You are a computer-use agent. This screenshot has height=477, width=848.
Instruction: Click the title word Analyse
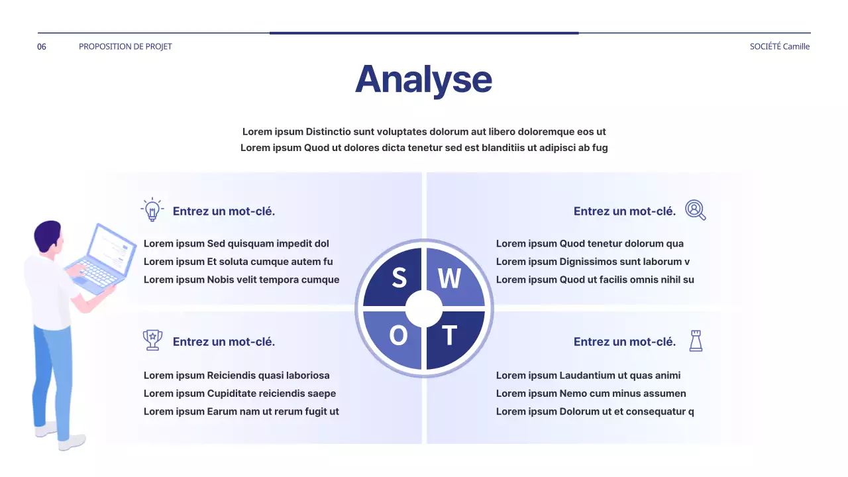pos(423,79)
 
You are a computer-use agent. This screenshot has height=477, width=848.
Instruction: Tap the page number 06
pos(42,46)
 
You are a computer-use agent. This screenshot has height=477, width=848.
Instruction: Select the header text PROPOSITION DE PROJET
pos(125,46)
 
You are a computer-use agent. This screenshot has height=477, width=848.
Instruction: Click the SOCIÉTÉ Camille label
pos(779,46)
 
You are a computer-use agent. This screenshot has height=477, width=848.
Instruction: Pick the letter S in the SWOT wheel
pos(399,278)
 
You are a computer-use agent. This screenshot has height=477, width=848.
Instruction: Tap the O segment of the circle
pos(398,337)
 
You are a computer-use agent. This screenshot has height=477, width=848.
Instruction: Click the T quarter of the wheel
pos(450,337)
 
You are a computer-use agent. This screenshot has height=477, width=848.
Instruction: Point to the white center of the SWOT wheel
pos(424,309)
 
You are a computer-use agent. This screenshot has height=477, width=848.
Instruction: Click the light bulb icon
pos(152,210)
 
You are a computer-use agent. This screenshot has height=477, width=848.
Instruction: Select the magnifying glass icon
pos(695,210)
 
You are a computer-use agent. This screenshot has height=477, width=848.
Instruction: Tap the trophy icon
pos(152,340)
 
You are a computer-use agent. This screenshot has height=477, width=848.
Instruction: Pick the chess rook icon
pos(696,341)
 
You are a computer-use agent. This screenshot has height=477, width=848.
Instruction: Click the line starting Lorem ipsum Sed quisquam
pos(237,244)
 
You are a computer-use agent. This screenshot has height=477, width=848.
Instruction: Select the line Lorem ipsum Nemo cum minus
pos(591,394)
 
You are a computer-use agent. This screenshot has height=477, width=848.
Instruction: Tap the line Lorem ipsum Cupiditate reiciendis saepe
pos(240,394)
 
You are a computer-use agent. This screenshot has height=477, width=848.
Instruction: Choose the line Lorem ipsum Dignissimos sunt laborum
pos(593,262)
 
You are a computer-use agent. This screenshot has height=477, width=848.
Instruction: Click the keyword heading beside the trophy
pos(224,342)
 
